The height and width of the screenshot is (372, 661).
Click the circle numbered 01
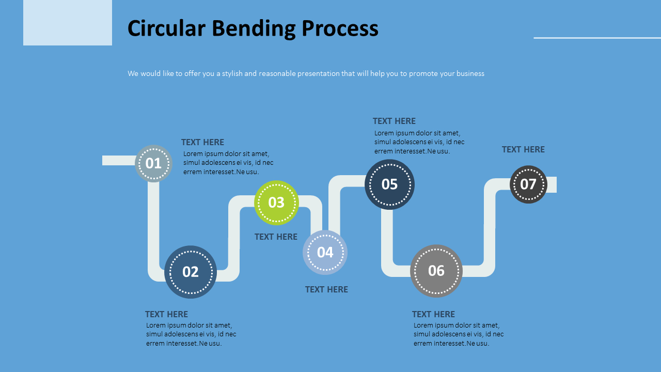[x=153, y=163]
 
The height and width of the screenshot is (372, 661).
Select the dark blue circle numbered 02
[x=191, y=272]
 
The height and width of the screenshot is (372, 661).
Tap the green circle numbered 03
[x=276, y=203]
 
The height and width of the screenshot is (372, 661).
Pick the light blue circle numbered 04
[x=325, y=252]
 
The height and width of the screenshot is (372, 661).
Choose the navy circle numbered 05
[x=389, y=184]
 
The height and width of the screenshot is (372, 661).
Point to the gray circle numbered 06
[x=436, y=271]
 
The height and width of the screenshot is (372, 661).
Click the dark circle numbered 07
[x=528, y=184]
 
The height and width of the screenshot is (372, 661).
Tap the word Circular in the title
[x=166, y=29]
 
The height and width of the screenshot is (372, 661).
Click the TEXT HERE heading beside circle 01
[x=202, y=142]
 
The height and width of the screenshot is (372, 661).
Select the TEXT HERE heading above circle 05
[x=394, y=121]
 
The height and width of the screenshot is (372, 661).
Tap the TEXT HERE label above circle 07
[x=523, y=149]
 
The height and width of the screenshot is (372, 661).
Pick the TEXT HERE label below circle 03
[x=276, y=237]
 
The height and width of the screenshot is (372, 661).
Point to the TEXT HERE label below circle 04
[x=326, y=289]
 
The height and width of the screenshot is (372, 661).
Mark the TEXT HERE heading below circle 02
[x=166, y=314]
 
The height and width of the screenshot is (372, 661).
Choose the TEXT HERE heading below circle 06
[x=433, y=314]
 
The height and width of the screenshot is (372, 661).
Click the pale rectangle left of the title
[x=68, y=23]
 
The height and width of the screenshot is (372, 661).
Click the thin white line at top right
[x=597, y=38]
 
